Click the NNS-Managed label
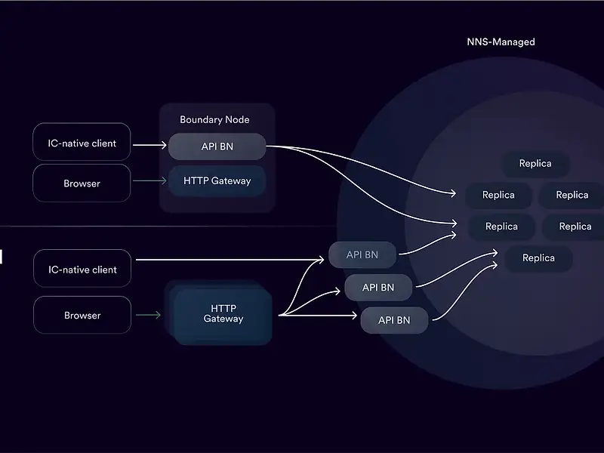pyautogui.click(x=501, y=42)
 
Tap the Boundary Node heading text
pyautogui.click(x=214, y=119)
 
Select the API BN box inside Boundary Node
pyautogui.click(x=217, y=146)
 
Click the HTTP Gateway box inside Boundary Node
pyautogui.click(x=217, y=181)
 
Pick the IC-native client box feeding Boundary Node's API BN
pyautogui.click(x=82, y=143)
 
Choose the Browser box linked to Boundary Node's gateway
pyautogui.click(x=82, y=183)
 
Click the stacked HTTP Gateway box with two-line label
pyautogui.click(x=223, y=314)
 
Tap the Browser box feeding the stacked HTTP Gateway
pyautogui.click(x=82, y=316)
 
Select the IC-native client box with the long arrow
pyautogui.click(x=82, y=270)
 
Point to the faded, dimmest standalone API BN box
pyautogui.click(x=362, y=255)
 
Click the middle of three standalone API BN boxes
pyautogui.click(x=378, y=288)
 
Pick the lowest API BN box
pyautogui.click(x=394, y=320)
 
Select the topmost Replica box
pyautogui.click(x=535, y=164)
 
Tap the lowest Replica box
pyautogui.click(x=538, y=258)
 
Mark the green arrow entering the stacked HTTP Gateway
pyautogui.click(x=149, y=315)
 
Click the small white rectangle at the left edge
pyautogui.click(x=1, y=257)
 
